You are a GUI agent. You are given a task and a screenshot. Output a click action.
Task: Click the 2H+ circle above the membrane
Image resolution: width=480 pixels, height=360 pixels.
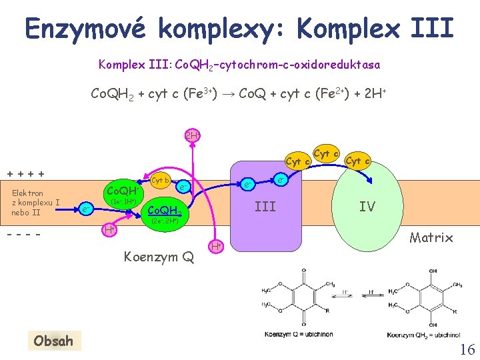[192, 136]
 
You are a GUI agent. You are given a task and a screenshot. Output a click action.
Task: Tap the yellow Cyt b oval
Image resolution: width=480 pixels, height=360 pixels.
[160, 179]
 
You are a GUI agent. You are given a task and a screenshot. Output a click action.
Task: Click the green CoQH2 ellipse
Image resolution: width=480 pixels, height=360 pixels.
[164, 212]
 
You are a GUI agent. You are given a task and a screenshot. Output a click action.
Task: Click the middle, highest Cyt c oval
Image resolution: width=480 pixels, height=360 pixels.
[326, 154]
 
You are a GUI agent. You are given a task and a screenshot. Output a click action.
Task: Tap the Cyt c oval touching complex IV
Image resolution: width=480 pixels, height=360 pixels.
[358, 161]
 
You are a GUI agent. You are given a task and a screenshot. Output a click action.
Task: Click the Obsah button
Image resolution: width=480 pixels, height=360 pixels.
[53, 341]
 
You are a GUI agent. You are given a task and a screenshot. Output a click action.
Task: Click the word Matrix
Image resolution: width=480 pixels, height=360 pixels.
[431, 237]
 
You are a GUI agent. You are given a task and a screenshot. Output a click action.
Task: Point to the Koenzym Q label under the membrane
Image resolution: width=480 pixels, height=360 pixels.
[159, 255]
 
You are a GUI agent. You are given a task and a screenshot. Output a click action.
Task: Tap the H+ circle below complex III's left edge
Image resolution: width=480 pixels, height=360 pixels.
[216, 246]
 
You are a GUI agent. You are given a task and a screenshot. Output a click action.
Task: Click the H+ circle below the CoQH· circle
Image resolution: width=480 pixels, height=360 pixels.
[108, 230]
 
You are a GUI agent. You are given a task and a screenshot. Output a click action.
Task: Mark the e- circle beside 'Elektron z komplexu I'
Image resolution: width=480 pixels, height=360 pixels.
[85, 209]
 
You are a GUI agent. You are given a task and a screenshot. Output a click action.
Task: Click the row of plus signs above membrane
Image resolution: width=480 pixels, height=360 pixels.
[26, 174]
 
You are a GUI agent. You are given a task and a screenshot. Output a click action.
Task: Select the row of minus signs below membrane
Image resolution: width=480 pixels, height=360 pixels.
[25, 235]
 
